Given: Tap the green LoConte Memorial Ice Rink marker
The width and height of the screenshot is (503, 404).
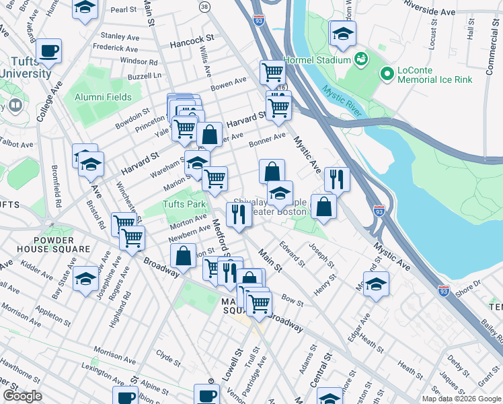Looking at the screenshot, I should [387, 73].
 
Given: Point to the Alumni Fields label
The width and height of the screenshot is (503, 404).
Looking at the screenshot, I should [103, 97].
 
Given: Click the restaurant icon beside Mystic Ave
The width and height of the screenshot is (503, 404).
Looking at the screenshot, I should [336, 179].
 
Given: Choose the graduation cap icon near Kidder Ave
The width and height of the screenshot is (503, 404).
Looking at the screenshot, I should [86, 278].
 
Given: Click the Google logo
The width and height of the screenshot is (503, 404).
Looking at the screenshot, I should [22, 396].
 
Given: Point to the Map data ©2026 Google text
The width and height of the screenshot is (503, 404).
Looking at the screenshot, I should [461, 399].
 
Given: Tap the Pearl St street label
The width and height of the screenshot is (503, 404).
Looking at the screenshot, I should [124, 10].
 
